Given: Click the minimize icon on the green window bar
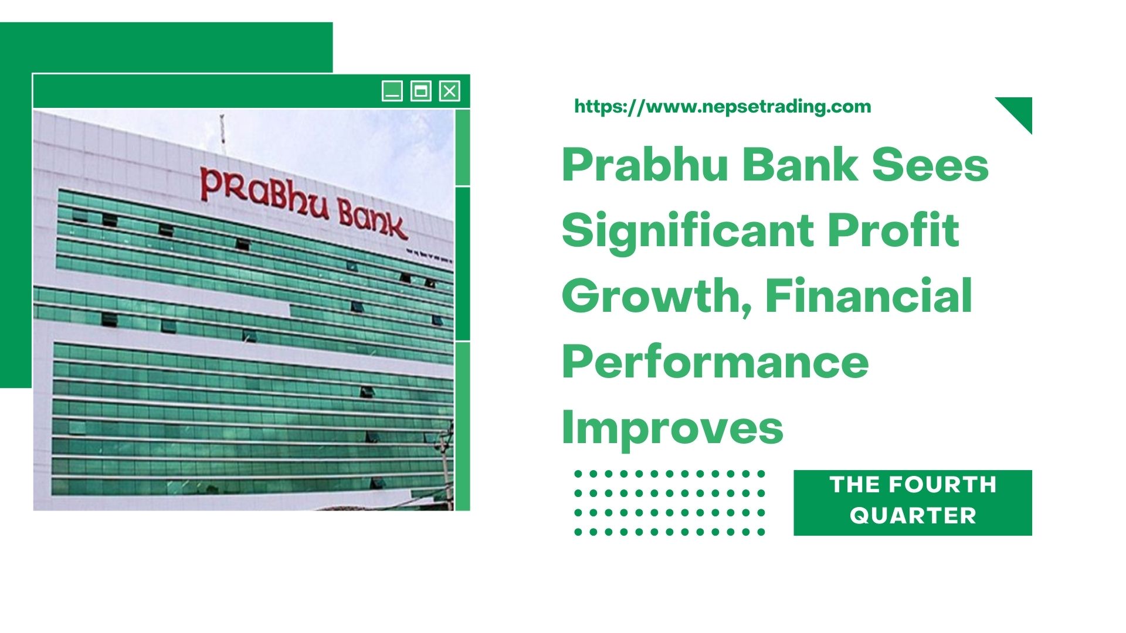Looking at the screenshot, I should click(x=392, y=91).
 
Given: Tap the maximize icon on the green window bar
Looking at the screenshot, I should click(x=420, y=91).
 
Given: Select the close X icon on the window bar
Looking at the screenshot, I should click(x=449, y=91).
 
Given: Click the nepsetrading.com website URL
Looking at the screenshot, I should click(x=723, y=107).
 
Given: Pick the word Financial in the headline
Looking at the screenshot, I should click(x=869, y=297).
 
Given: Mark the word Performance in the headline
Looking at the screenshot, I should click(x=715, y=362).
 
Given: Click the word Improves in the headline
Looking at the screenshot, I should click(x=672, y=428).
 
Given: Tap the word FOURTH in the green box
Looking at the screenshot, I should click(x=942, y=485).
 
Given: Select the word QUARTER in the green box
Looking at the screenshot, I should click(x=913, y=516).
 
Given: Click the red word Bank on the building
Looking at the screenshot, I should click(x=372, y=222).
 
